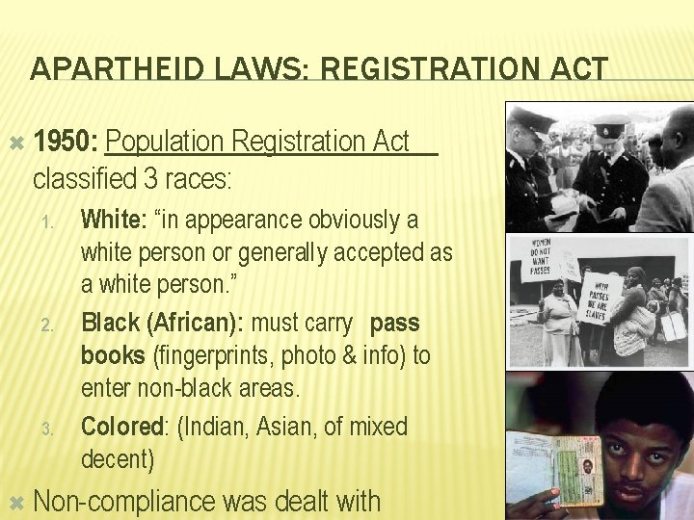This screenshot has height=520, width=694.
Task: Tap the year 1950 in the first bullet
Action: [x=64, y=142]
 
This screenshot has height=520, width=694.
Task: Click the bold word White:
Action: [x=112, y=220]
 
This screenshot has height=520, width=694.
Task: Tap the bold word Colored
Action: [x=121, y=426]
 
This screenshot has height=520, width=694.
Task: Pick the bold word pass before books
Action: [x=394, y=322]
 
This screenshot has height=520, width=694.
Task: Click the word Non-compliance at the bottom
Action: [x=124, y=502]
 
